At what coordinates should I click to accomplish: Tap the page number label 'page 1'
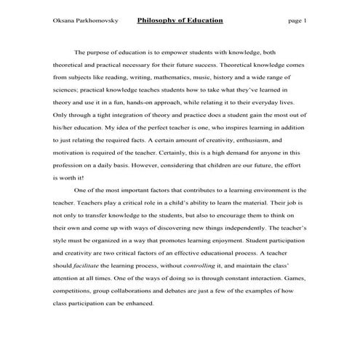[297, 20]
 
